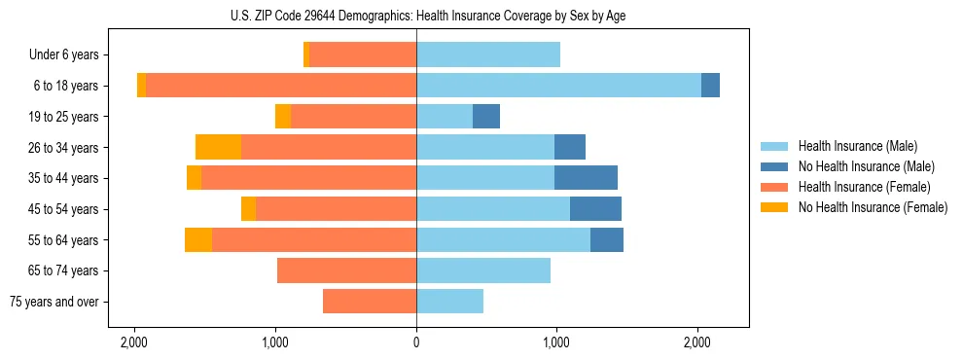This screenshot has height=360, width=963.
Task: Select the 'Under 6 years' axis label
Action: coord(64,54)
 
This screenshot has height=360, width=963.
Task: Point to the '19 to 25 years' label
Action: coord(63,117)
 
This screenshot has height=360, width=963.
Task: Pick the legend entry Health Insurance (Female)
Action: coord(864,187)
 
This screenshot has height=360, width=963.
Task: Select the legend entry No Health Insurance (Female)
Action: coord(873,207)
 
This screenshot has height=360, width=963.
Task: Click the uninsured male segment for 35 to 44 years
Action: coord(586,178)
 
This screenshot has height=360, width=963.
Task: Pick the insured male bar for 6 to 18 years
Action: coord(558,86)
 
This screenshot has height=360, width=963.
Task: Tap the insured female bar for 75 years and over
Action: coord(370,302)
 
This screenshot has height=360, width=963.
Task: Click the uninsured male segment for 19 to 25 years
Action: coord(486,117)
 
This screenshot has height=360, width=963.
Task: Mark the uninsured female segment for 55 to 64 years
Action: coord(198,239)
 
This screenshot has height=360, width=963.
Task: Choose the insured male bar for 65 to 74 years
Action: coord(483,270)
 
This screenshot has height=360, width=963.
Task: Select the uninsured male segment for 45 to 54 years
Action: coord(595,209)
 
